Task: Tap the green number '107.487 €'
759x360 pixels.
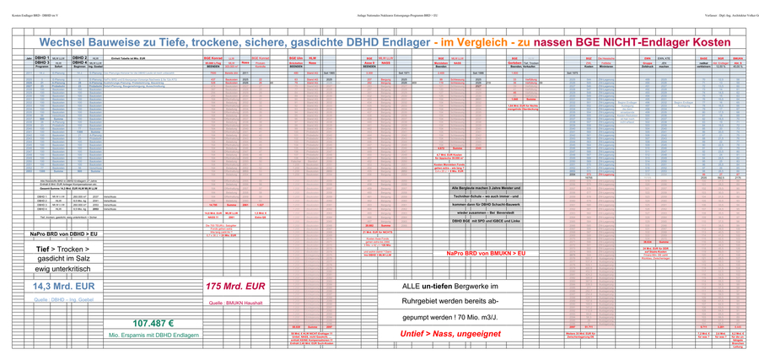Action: (153, 323)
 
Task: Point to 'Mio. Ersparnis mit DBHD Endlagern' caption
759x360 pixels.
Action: (153, 336)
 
